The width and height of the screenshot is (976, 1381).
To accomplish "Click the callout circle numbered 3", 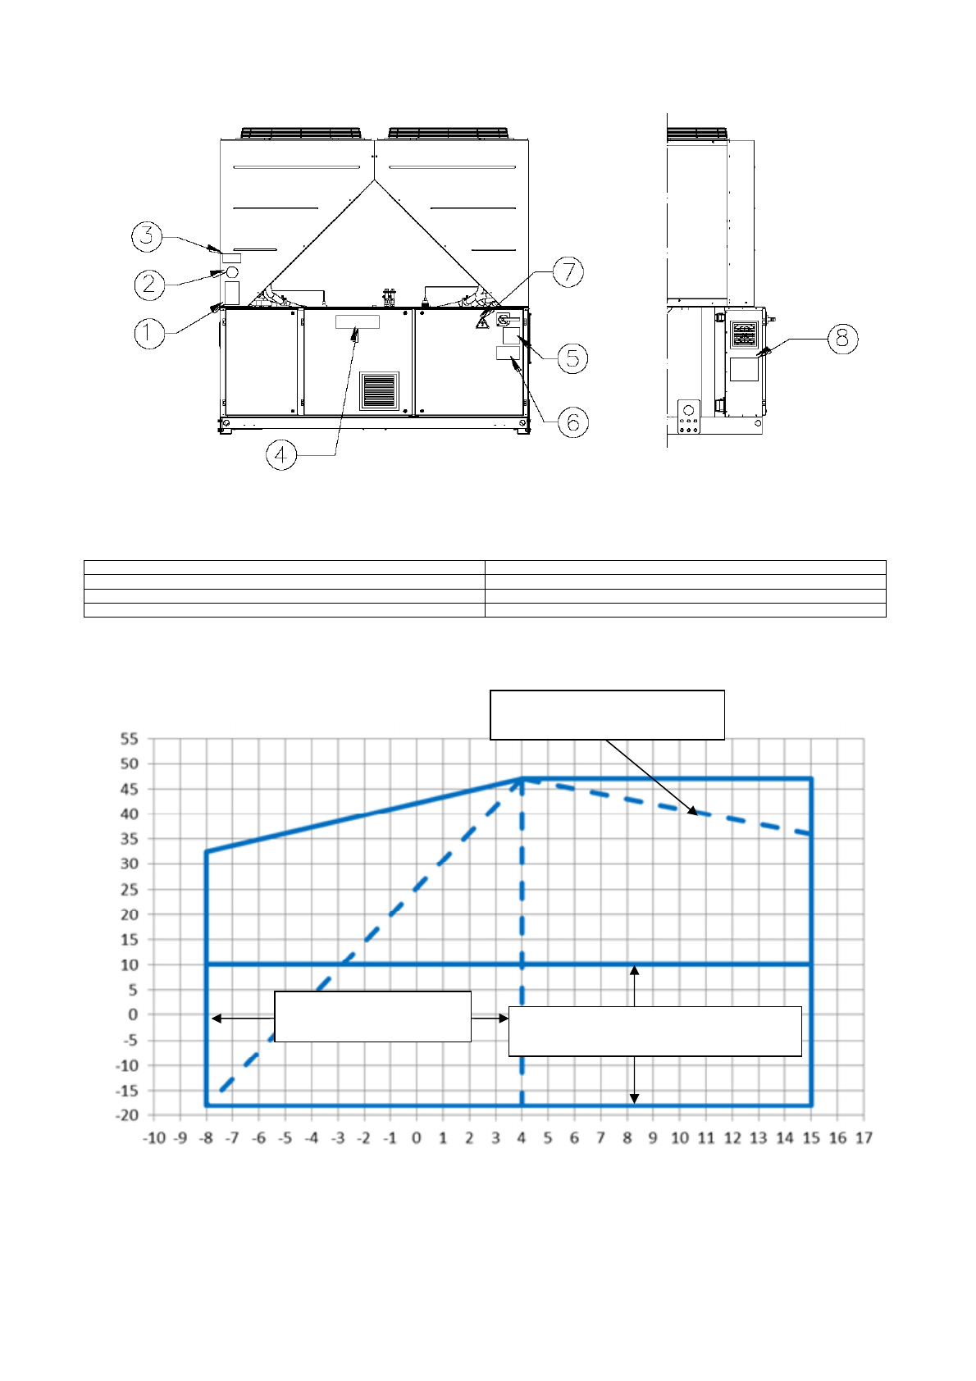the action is [147, 236].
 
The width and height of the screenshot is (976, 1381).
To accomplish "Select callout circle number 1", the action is [149, 334].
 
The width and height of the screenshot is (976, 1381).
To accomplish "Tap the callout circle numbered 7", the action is [568, 272].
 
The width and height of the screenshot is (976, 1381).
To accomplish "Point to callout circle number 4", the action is [281, 456].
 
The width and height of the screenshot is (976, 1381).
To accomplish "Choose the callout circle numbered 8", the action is [842, 339].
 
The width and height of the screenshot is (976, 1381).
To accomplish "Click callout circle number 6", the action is [573, 422].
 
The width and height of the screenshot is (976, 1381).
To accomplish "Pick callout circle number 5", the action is [572, 358].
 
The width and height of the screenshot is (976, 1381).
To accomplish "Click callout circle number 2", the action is [149, 285].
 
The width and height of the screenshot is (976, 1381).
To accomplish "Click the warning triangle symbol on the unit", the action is [482, 321].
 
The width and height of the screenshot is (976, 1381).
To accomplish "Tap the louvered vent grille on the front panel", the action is [379, 391].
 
